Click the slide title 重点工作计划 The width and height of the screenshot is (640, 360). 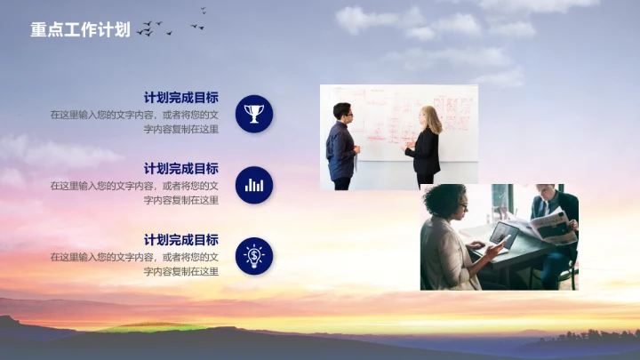tap(80, 30)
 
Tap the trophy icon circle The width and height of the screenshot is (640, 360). tap(254, 114)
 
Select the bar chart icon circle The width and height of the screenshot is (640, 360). tap(254, 185)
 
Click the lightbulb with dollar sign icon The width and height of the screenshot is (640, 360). tap(254, 256)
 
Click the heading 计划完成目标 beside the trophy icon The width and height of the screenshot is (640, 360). tap(181, 98)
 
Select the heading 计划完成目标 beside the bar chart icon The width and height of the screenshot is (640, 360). tap(181, 169)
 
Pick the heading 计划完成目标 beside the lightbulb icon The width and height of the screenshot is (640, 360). tap(181, 240)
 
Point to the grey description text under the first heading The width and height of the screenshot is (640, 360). tap(135, 122)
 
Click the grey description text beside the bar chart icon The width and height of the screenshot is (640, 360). tap(135, 193)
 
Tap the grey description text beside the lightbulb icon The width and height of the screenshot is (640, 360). tap(135, 264)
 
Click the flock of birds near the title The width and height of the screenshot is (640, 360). tap(153, 29)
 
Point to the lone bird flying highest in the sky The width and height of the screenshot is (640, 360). tap(204, 11)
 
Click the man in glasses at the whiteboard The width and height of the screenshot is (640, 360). tap(341, 145)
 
